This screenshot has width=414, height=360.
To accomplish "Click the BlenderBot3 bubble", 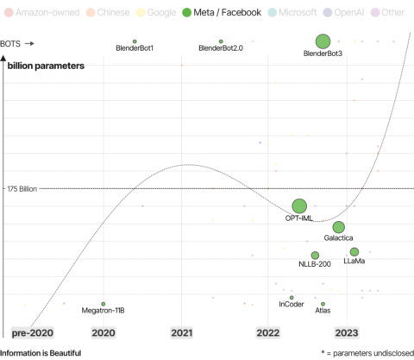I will [323, 41].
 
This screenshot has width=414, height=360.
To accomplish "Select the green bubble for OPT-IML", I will [299, 205].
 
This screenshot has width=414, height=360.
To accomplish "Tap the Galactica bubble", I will [339, 227].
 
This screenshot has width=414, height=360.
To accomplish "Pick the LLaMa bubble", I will [354, 251].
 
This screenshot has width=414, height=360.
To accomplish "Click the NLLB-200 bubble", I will [315, 255].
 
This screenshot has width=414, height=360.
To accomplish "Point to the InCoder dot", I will [292, 297].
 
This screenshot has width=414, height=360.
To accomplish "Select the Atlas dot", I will [323, 303].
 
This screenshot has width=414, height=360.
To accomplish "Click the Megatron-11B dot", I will [103, 304].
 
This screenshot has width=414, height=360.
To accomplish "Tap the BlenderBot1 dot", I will [135, 41].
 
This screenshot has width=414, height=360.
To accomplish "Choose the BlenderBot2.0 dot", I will [221, 41].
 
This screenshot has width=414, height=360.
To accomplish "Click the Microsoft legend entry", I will [292, 13].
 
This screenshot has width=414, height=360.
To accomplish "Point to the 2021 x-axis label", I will [182, 332].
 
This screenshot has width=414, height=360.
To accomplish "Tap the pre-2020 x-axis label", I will [32, 332].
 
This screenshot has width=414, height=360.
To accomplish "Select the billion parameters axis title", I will [46, 66].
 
